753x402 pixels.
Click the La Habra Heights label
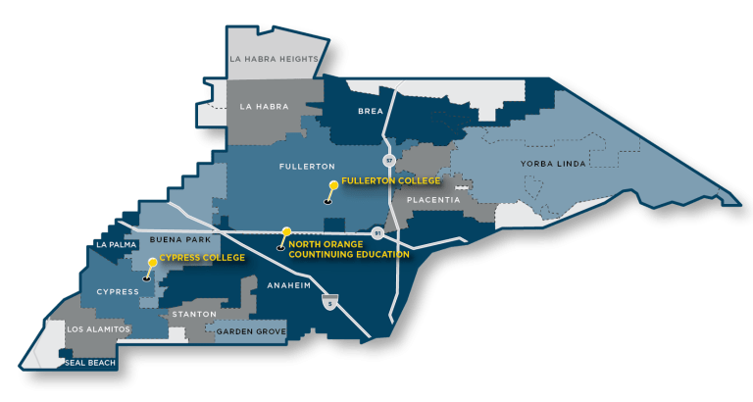[274, 59]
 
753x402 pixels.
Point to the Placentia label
[433, 200]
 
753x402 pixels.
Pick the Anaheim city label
[288, 285]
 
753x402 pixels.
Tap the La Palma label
[115, 244]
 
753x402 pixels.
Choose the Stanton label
[193, 314]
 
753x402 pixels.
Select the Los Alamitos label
[96, 328]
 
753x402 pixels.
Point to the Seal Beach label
[89, 363]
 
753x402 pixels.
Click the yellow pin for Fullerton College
[334, 185]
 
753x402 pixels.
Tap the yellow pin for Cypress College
[151, 263]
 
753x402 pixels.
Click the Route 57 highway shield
[388, 158]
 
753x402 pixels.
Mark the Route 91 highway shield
[376, 233]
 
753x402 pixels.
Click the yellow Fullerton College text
[390, 181]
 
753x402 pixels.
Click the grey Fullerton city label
[308, 167]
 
